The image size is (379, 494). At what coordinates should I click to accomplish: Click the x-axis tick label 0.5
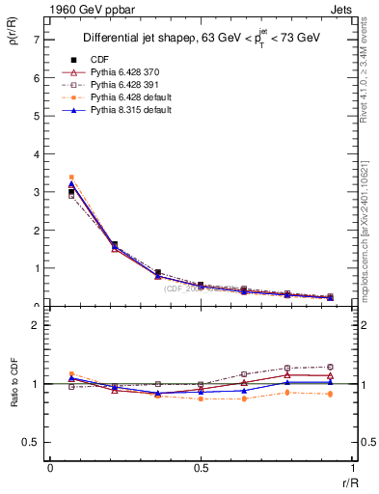click(x=200, y=468)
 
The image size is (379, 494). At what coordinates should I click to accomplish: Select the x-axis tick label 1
click(x=352, y=468)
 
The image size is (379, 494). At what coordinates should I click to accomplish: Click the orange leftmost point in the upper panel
click(x=71, y=178)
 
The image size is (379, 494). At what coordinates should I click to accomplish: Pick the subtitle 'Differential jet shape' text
click(x=125, y=38)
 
